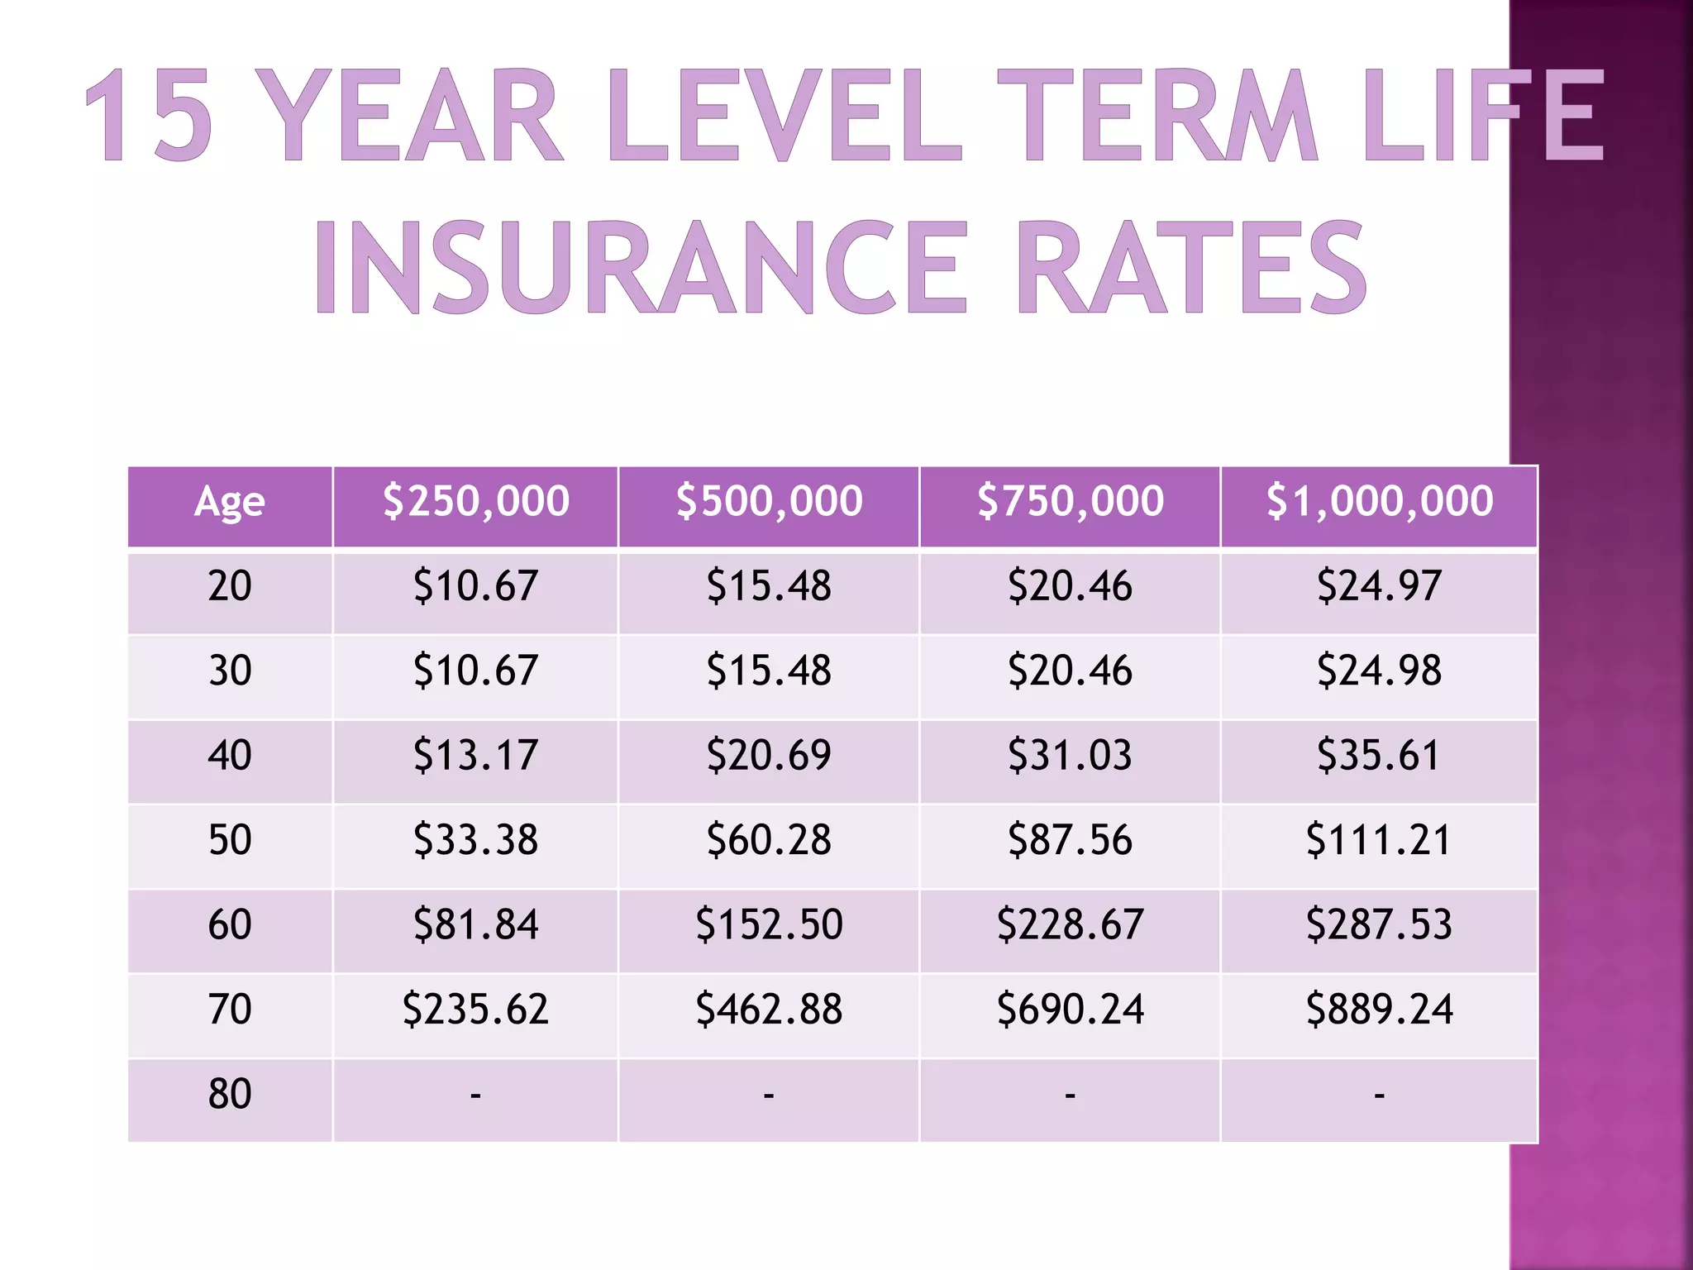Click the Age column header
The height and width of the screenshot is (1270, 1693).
pyautogui.click(x=230, y=502)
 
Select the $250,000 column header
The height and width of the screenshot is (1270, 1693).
pyautogui.click(x=475, y=502)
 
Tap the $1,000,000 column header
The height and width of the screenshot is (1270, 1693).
pyautogui.click(x=1379, y=502)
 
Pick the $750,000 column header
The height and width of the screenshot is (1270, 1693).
pyautogui.click(x=1070, y=502)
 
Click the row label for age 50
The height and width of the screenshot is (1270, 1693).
pyautogui.click(x=230, y=840)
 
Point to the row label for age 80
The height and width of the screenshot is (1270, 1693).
pyautogui.click(x=230, y=1094)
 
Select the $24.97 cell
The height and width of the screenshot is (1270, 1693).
pyautogui.click(x=1379, y=586)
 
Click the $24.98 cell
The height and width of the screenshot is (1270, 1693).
pyautogui.click(x=1379, y=671)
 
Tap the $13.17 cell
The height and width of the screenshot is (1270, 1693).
pyautogui.click(x=475, y=756)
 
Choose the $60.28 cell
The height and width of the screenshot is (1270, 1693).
pyautogui.click(x=769, y=840)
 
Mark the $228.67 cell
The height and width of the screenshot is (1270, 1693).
pyautogui.click(x=1070, y=924)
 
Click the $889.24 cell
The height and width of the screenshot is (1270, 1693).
pyautogui.click(x=1379, y=1010)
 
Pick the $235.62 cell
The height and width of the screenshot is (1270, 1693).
pyautogui.click(x=475, y=1010)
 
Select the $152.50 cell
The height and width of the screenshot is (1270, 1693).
pyautogui.click(x=769, y=924)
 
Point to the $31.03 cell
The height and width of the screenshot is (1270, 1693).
pyautogui.click(x=1070, y=756)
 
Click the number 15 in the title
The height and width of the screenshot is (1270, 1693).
pyautogui.click(x=149, y=116)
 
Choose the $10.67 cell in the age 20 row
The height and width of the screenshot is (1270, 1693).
pyautogui.click(x=475, y=586)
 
